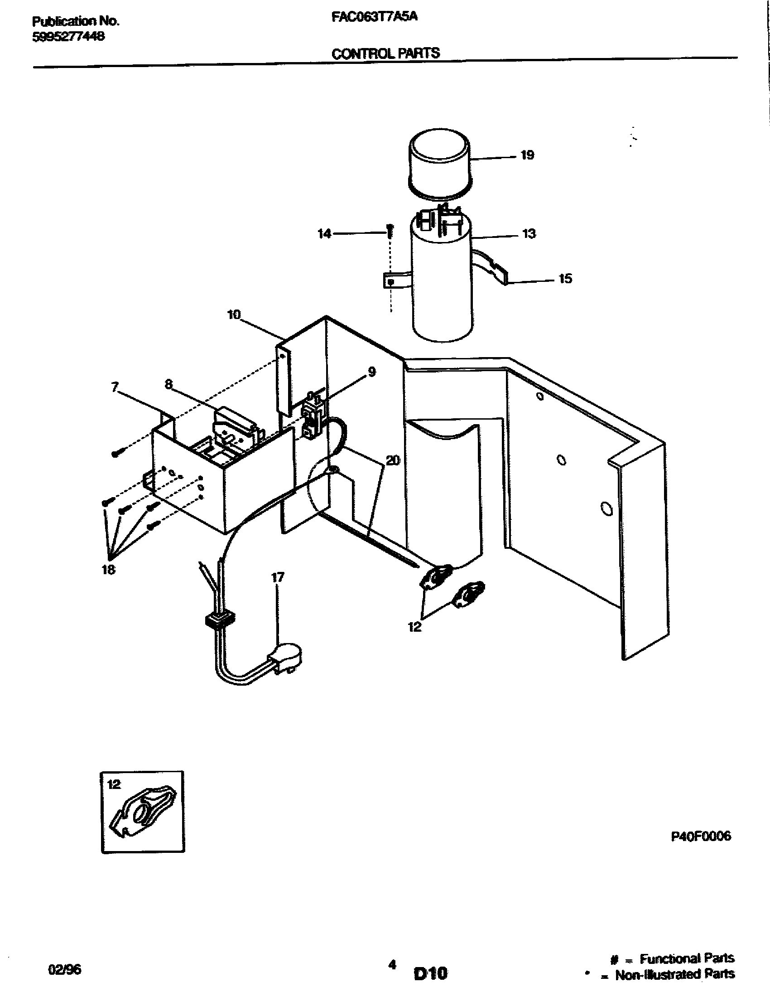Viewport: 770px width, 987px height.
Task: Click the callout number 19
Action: [x=527, y=155]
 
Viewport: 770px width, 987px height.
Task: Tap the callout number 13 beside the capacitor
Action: [x=529, y=234]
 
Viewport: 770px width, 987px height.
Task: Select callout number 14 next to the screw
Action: [x=324, y=234]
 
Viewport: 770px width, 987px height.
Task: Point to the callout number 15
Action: [x=565, y=279]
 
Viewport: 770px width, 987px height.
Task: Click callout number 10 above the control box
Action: [x=234, y=314]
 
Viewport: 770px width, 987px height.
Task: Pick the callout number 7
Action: [x=115, y=387]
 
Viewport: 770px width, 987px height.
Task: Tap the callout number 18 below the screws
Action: [x=108, y=570]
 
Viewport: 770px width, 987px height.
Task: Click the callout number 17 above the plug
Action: [x=277, y=578]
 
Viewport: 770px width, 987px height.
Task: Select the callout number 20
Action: [x=393, y=461]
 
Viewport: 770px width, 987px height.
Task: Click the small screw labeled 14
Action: [x=390, y=232]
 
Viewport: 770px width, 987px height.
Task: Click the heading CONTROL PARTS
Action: [x=385, y=53]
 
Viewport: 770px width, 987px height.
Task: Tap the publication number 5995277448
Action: [x=68, y=37]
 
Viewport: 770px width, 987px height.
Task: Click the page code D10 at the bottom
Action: [x=430, y=972]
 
